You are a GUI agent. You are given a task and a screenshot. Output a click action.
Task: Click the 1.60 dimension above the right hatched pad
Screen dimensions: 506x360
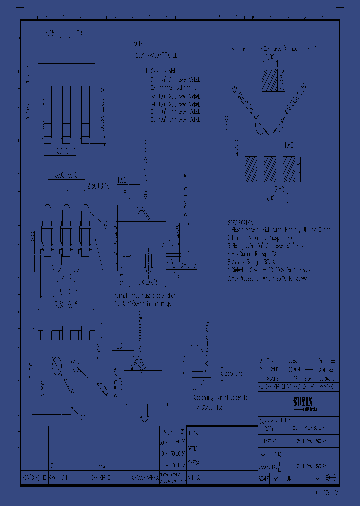click(288, 146)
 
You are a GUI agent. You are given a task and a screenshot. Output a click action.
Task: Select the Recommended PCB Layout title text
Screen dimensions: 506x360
click(274, 49)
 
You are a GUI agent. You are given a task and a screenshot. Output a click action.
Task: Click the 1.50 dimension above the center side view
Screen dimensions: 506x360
click(122, 180)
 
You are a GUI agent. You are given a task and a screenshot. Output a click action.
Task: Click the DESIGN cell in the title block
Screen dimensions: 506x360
click(194, 448)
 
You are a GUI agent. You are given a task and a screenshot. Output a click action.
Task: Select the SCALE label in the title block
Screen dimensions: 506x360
click(263, 478)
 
